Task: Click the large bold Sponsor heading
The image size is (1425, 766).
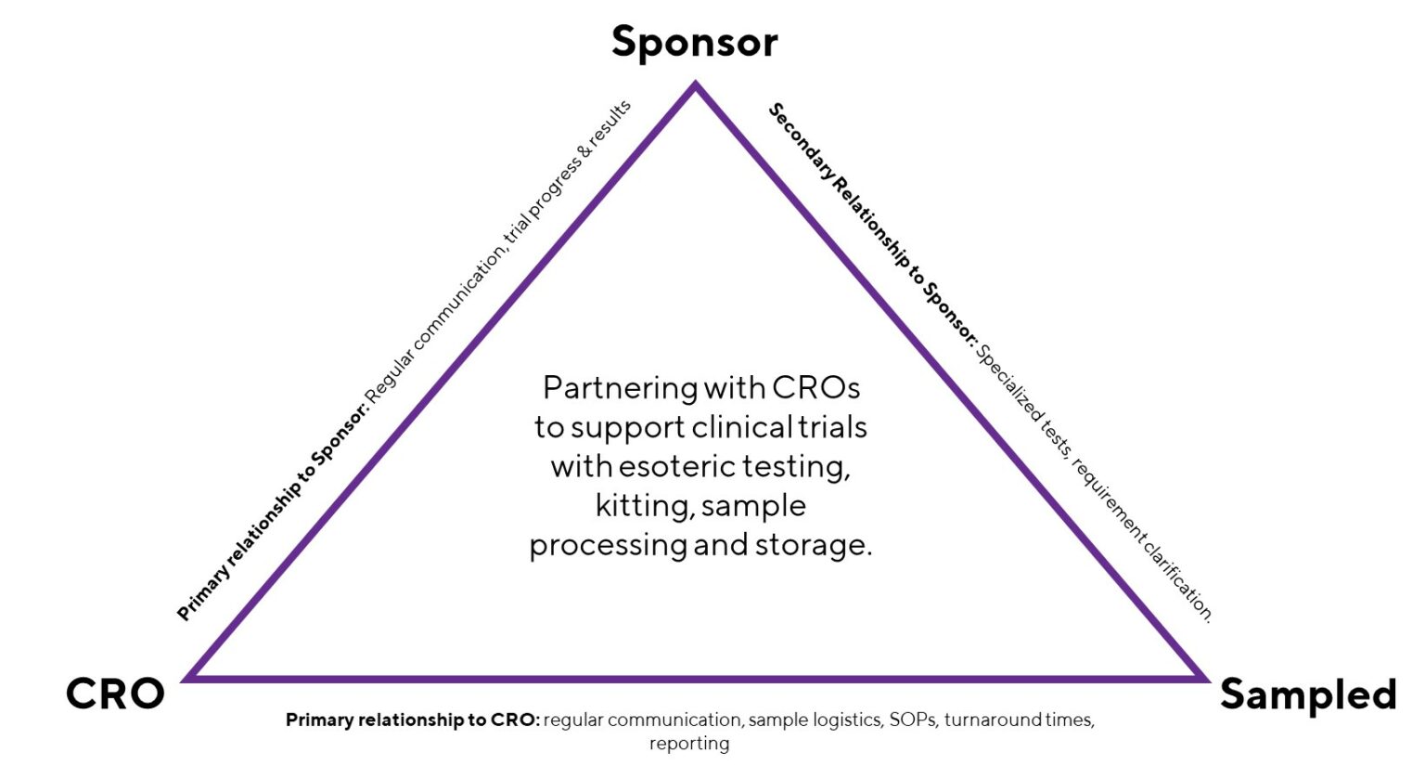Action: pos(694,43)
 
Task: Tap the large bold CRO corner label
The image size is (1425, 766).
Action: pos(115,694)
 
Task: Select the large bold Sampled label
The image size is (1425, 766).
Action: pos(1307,694)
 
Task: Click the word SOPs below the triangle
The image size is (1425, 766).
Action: pos(913,720)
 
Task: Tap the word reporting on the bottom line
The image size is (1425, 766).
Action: pos(689,744)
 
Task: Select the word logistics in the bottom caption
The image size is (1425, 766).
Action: pos(847,720)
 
